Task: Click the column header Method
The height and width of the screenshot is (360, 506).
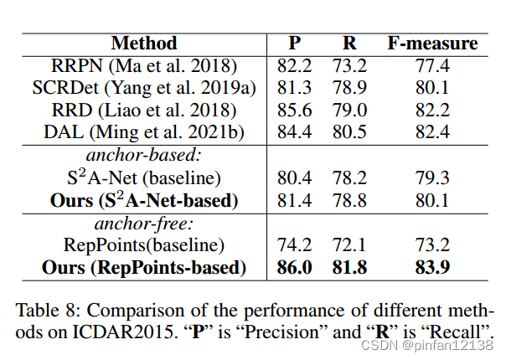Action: click(x=143, y=44)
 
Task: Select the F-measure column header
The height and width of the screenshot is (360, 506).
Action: click(x=431, y=44)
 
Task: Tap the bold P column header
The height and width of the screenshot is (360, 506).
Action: click(x=294, y=44)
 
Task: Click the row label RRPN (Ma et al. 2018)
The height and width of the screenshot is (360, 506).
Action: click(x=144, y=65)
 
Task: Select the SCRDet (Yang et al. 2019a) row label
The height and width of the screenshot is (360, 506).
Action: click(x=144, y=87)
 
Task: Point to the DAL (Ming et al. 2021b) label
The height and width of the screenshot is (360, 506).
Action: click(x=144, y=131)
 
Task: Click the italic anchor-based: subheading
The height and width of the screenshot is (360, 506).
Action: click(x=143, y=156)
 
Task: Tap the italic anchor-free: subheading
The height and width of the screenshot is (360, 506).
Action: click(x=143, y=224)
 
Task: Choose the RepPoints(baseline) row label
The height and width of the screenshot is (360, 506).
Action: click(x=144, y=245)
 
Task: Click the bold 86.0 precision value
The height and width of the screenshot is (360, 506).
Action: click(x=294, y=268)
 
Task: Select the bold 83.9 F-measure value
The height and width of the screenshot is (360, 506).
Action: click(x=431, y=268)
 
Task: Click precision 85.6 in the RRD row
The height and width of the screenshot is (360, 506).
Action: click(x=294, y=109)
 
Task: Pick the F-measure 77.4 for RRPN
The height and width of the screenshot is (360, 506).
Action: click(x=431, y=65)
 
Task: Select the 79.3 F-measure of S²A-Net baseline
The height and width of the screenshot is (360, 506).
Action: click(x=431, y=177)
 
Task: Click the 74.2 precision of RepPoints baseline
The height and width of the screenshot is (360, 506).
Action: click(x=294, y=245)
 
